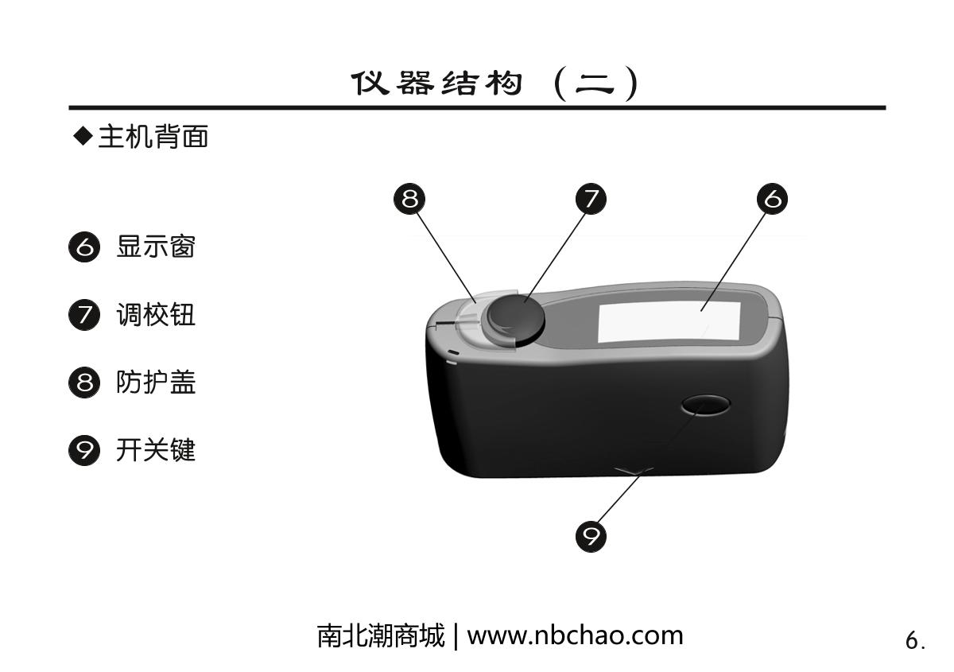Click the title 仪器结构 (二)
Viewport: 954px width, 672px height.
pyautogui.click(x=494, y=83)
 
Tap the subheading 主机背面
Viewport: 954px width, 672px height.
pyautogui.click(x=153, y=137)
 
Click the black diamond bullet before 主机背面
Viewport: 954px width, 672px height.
pyautogui.click(x=83, y=136)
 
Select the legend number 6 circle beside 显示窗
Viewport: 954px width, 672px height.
pyautogui.click(x=84, y=247)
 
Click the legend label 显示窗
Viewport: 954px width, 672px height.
pyautogui.click(x=156, y=247)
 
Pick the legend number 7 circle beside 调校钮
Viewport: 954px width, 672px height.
pyautogui.click(x=84, y=315)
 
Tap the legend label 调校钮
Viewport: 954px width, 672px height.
pyautogui.click(x=156, y=314)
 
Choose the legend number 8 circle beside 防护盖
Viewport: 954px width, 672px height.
pyautogui.click(x=84, y=383)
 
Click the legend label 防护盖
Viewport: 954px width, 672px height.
pyautogui.click(x=156, y=382)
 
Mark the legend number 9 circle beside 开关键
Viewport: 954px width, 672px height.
pyautogui.click(x=84, y=450)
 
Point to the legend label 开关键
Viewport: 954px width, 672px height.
pyautogui.click(x=156, y=449)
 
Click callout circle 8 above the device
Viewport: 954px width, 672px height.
pyautogui.click(x=409, y=199)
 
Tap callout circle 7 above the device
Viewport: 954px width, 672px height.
pyautogui.click(x=591, y=199)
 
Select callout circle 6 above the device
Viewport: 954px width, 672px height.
pyautogui.click(x=772, y=199)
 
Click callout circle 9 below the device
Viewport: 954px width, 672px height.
pyautogui.click(x=591, y=536)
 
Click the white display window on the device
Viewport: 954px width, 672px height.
pyautogui.click(x=669, y=322)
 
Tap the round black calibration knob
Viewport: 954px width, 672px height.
pyautogui.click(x=516, y=319)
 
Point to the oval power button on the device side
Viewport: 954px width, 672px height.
pyautogui.click(x=705, y=405)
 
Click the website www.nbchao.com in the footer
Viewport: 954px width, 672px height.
pyautogui.click(x=575, y=635)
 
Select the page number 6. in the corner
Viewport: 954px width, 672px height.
pyautogui.click(x=915, y=640)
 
